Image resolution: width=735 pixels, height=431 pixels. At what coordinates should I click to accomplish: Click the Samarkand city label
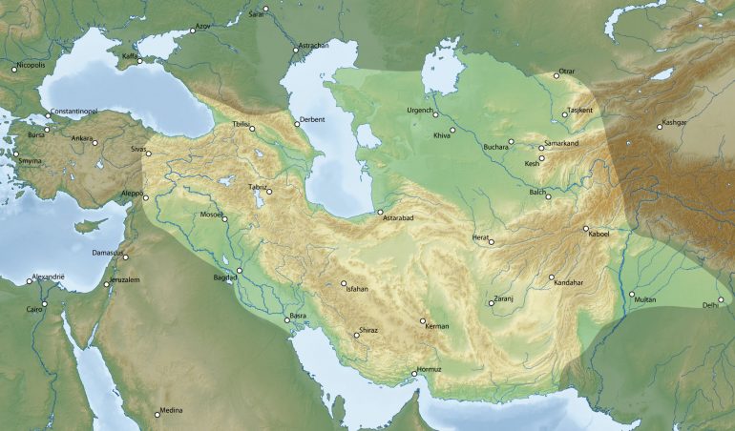(x=562, y=143)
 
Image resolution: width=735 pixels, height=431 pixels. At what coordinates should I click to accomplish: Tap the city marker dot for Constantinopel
(x=49, y=116)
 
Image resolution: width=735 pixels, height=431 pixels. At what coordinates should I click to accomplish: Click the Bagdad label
(x=225, y=277)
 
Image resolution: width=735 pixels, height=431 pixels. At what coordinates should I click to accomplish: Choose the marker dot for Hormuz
(x=414, y=373)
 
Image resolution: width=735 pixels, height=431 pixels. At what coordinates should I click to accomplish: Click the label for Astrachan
(x=313, y=46)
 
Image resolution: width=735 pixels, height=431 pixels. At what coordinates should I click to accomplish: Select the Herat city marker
(x=492, y=241)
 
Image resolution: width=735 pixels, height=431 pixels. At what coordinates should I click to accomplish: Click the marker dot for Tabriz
(x=269, y=192)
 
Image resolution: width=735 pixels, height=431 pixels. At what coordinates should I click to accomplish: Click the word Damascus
(x=108, y=252)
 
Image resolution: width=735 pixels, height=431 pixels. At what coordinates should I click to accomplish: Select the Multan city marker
(x=632, y=294)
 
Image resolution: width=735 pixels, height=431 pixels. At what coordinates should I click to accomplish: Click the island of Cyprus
(x=90, y=226)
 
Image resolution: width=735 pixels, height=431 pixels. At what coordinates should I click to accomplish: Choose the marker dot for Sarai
(x=266, y=10)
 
